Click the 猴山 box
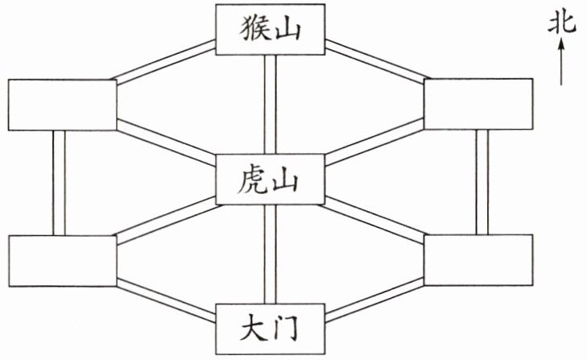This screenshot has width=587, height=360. [x=271, y=29]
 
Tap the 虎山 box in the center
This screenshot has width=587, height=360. [x=271, y=183]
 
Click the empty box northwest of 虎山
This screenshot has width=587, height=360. [x=60, y=105]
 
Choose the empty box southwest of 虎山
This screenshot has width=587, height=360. [x=61, y=262]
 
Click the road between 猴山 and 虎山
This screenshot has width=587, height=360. [x=271, y=106]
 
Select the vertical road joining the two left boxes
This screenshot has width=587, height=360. [x=58, y=183]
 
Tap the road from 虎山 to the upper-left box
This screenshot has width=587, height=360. [x=166, y=141]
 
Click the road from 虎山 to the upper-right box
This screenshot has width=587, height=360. [x=374, y=140]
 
